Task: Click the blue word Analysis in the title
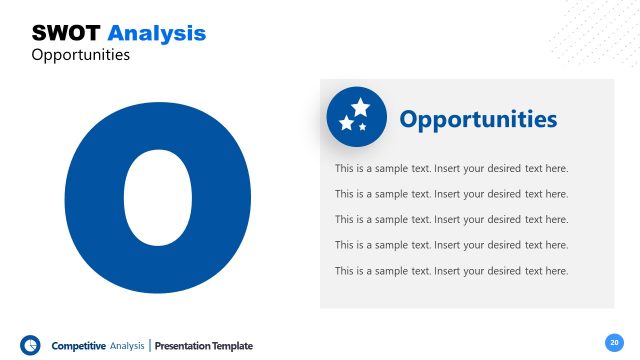(156, 33)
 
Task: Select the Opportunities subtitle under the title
(81, 55)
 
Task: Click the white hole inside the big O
(157, 198)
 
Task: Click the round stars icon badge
(356, 117)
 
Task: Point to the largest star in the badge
(361, 107)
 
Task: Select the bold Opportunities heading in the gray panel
(478, 119)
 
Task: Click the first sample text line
(451, 168)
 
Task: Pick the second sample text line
(451, 194)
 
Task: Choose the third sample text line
(451, 219)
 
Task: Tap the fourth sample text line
(451, 245)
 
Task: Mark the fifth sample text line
(451, 271)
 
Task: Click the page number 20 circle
(614, 341)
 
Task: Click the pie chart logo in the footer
(30, 345)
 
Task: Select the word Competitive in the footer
(79, 346)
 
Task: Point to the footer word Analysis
(127, 346)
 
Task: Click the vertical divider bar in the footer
(151, 346)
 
